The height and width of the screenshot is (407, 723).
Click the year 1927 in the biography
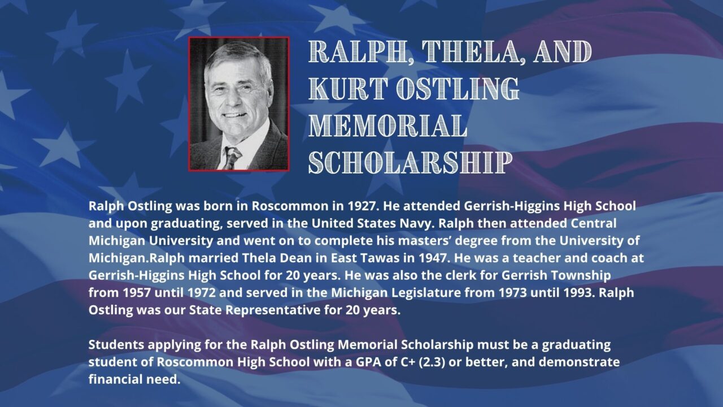coord(361,206)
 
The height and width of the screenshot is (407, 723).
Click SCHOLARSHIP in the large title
coord(410,162)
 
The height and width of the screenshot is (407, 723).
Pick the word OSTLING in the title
coord(458,88)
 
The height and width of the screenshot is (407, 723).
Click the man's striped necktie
coord(232,158)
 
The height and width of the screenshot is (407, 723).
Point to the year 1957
coord(137,293)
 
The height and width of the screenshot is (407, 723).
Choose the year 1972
coord(201,293)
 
